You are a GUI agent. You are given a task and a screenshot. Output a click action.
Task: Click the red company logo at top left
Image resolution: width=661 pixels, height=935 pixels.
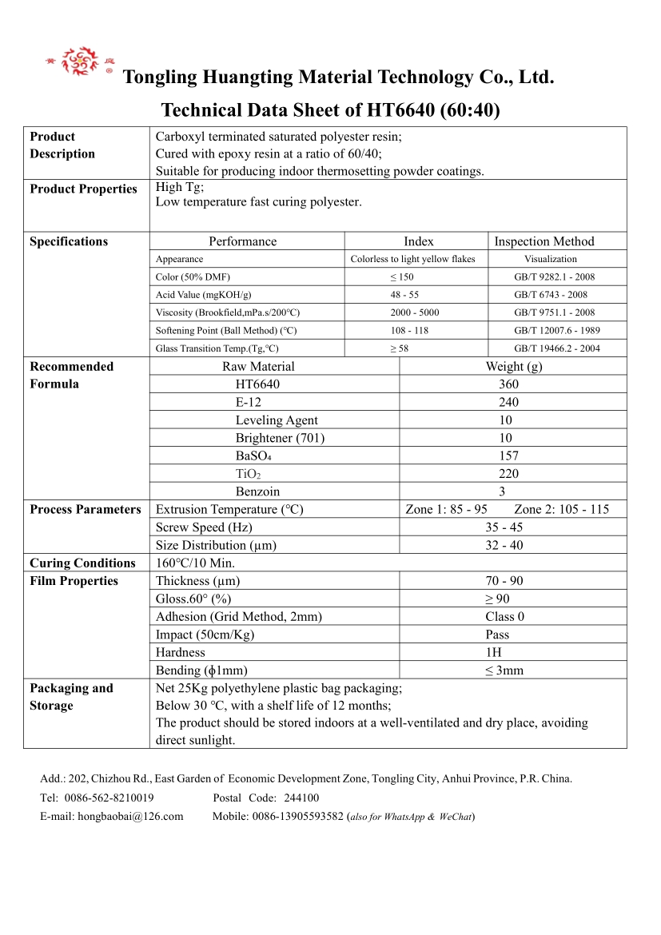78,62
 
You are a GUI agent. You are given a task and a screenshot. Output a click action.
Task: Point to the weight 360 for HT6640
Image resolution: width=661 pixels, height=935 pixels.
508,384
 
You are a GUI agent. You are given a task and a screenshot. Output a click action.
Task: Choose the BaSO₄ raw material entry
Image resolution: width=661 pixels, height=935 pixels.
253,456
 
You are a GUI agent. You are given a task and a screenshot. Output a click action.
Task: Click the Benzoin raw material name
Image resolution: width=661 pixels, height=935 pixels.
257,491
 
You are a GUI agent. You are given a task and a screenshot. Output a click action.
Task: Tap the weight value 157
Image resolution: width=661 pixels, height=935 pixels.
508,456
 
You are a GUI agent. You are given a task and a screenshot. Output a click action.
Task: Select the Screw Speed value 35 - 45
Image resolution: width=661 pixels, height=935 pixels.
504,527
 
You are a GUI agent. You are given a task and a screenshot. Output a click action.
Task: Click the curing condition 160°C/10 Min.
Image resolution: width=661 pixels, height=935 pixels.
195,563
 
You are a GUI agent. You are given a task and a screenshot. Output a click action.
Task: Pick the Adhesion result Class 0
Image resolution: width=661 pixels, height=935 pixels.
504,617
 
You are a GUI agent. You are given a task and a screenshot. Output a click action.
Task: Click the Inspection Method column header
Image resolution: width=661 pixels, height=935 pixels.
544,241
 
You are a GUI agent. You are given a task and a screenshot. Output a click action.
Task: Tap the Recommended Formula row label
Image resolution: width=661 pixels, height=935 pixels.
72,375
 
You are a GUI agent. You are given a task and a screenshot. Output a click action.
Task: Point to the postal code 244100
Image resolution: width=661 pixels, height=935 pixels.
301,798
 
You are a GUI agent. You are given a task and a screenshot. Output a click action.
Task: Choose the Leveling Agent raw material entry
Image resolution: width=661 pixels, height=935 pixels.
277,420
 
